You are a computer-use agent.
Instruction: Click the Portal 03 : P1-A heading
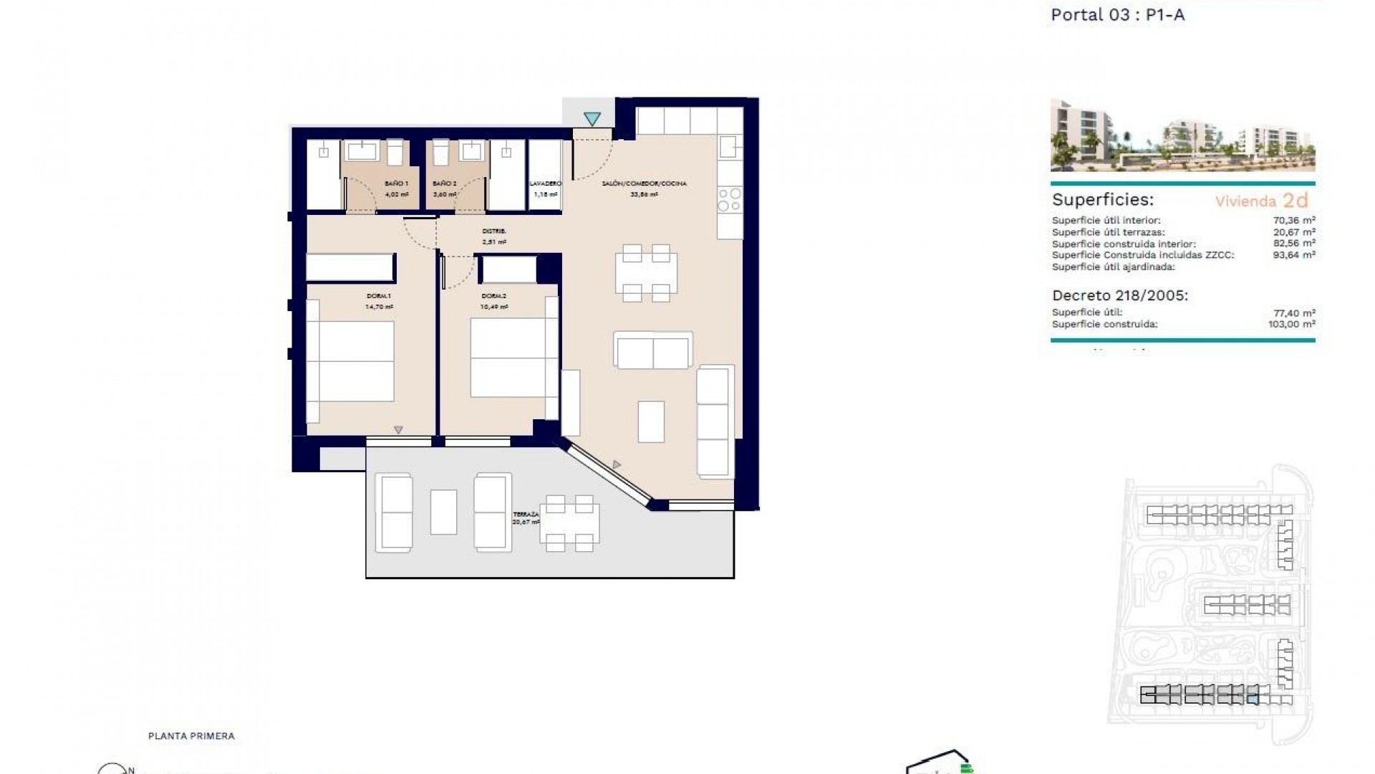(1117, 15)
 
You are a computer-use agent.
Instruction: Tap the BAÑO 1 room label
(396, 183)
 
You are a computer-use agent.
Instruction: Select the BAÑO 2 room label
(444, 183)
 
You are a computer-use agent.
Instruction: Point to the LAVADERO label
(546, 183)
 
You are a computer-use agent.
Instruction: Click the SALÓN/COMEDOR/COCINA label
(644, 183)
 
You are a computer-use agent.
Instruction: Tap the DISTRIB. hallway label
(494, 231)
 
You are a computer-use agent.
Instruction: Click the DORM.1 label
(379, 296)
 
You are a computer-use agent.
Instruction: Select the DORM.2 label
(494, 296)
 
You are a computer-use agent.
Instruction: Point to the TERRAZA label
(526, 515)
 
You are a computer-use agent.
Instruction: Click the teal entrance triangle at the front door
(592, 118)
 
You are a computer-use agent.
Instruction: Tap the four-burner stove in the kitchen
(730, 200)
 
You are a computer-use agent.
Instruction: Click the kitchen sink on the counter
(730, 148)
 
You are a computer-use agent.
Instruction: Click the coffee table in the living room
(651, 421)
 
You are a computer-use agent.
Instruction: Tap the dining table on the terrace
(570, 523)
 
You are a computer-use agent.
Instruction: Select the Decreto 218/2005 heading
(1119, 295)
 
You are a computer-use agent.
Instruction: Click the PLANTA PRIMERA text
(191, 736)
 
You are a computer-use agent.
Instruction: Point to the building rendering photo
(1182, 135)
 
